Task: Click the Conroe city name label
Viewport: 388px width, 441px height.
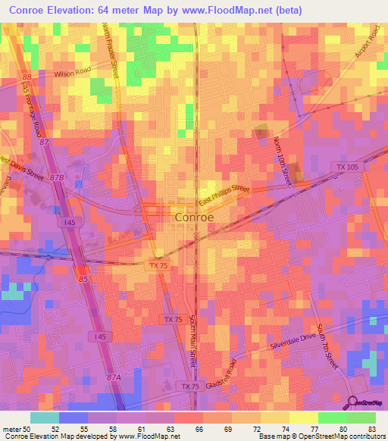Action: click(x=194, y=217)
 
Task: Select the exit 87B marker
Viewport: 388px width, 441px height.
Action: click(x=58, y=177)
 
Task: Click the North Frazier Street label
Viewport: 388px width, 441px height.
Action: click(x=111, y=49)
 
